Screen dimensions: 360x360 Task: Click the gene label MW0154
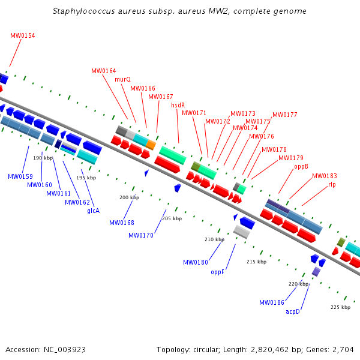pyautogui.click(x=23, y=36)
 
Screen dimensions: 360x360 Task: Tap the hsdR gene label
pyautogui.click(x=178, y=105)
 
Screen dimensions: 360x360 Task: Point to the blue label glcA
pyautogui.click(x=93, y=211)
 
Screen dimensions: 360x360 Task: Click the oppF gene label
pyautogui.click(x=217, y=272)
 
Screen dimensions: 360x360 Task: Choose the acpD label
pyautogui.click(x=293, y=311)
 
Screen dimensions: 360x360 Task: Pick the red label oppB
pyautogui.click(x=301, y=166)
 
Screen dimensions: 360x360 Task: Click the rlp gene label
pyautogui.click(x=332, y=185)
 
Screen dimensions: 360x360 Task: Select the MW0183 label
pyautogui.click(x=325, y=176)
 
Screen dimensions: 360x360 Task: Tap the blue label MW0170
pyautogui.click(x=141, y=235)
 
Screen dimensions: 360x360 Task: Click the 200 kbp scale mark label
pyautogui.click(x=129, y=197)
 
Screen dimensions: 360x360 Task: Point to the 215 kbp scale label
pyautogui.click(x=256, y=262)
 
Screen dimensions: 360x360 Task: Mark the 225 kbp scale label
pyautogui.click(x=340, y=307)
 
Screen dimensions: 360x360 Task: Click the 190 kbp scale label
pyautogui.click(x=43, y=158)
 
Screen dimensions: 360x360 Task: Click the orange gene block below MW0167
pyautogui.click(x=151, y=145)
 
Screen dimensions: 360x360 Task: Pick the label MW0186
pyautogui.click(x=272, y=302)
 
